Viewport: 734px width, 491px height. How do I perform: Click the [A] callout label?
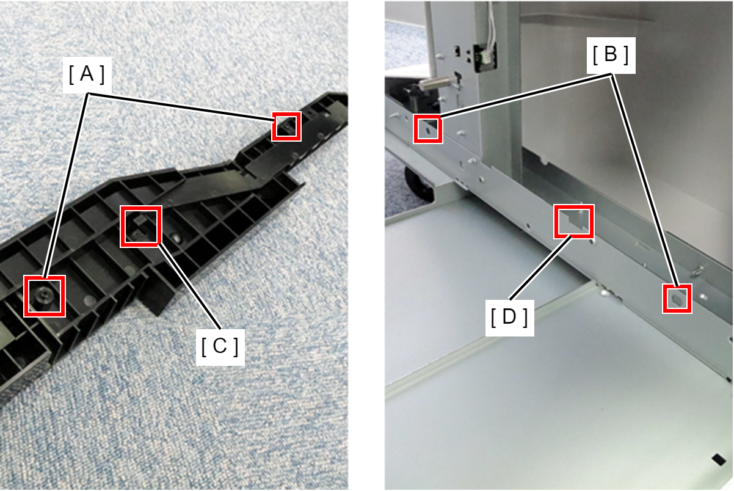[87, 75]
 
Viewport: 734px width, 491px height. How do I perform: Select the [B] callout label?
[611, 55]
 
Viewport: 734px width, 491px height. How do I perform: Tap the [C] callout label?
[220, 347]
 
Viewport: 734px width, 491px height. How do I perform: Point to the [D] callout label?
[509, 318]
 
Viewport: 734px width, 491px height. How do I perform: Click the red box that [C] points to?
[141, 226]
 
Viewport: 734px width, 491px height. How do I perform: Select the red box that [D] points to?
[574, 221]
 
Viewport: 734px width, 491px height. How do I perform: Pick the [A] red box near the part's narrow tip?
[286, 126]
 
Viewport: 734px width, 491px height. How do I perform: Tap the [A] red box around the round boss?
[45, 296]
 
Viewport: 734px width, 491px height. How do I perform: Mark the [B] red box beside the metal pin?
[428, 129]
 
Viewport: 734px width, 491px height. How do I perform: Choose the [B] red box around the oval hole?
[677, 299]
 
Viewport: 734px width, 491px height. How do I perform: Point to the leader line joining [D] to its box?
[540, 267]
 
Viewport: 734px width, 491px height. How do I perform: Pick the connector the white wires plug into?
[485, 57]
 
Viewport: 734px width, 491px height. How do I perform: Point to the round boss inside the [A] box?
[43, 294]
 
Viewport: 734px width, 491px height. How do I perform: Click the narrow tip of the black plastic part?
[341, 98]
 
